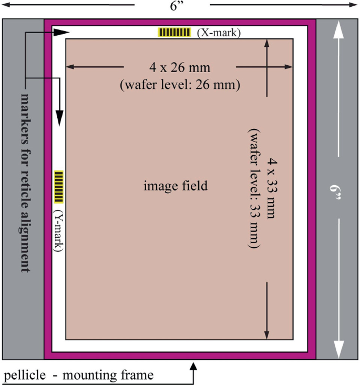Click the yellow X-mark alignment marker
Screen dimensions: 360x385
pos(174,32)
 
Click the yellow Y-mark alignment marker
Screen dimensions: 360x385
pos(59,187)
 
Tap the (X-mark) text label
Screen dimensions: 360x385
pos(219,33)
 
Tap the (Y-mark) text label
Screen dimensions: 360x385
pos(58,230)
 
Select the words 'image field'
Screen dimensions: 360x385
pos(176,186)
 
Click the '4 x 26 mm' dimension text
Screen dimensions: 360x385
pos(180,67)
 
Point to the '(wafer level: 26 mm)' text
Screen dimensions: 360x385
pos(180,85)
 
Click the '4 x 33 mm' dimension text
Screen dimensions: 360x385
pos(272,188)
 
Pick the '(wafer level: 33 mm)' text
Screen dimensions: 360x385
pos(254,188)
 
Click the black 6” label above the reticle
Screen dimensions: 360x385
pos(177,6)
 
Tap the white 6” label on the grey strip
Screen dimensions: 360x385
pos(335,192)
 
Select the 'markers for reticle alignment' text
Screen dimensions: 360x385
pos(25,182)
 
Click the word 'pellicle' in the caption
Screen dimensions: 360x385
pos(25,375)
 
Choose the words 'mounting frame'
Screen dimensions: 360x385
pos(108,375)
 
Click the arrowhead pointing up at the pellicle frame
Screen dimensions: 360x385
pos(193,367)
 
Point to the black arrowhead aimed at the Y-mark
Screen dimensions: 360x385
pos(59,118)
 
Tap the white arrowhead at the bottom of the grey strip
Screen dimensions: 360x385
pos(338,349)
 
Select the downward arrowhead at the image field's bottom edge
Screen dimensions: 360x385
pos(267,335)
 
